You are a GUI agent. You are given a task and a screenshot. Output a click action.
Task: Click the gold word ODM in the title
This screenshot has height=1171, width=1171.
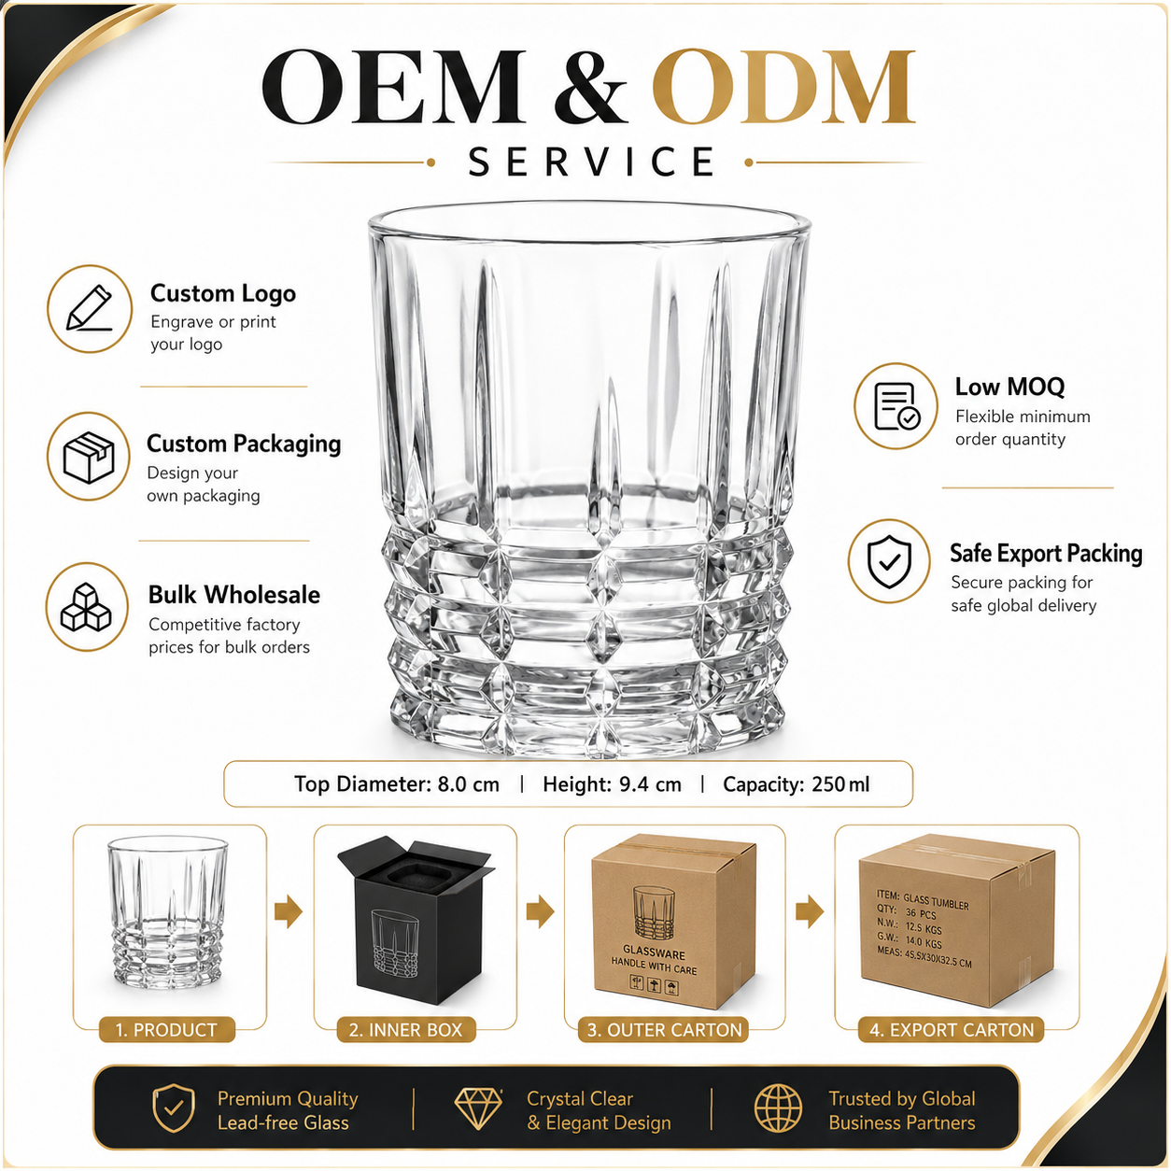783,86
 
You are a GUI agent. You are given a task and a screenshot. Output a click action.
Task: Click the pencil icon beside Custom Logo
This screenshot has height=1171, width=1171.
90,309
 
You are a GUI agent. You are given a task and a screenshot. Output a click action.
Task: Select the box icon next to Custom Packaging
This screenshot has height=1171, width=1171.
89,457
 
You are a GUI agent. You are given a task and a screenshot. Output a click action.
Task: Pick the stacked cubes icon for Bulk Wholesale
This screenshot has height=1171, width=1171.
86,607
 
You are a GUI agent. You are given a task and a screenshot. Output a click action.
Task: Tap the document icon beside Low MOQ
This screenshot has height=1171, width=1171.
896,406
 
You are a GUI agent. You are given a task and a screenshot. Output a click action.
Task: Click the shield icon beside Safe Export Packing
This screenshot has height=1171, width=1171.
889,561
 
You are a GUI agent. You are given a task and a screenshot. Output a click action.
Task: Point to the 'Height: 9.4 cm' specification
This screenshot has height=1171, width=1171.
612,783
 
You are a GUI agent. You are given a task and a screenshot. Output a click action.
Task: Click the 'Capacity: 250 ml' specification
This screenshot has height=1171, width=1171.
796,783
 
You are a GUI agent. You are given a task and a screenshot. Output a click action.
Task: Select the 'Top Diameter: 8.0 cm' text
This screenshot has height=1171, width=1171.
397,783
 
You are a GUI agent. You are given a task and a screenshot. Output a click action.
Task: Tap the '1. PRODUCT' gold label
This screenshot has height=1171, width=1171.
166,1029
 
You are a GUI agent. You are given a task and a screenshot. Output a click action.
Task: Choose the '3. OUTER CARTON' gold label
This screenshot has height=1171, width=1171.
664,1029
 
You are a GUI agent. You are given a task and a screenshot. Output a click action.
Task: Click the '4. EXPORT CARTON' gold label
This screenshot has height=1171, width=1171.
952,1029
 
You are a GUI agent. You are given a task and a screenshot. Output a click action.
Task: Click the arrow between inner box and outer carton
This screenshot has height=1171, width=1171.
541,910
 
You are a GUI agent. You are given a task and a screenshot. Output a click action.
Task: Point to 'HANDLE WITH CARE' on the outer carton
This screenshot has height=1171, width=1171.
654,966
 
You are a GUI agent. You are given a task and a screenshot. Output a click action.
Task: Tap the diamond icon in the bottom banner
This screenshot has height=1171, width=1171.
478,1108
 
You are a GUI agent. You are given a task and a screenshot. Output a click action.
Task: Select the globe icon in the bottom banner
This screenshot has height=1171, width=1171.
779,1108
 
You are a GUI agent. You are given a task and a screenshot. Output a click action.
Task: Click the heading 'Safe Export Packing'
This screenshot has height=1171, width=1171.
1046,554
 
